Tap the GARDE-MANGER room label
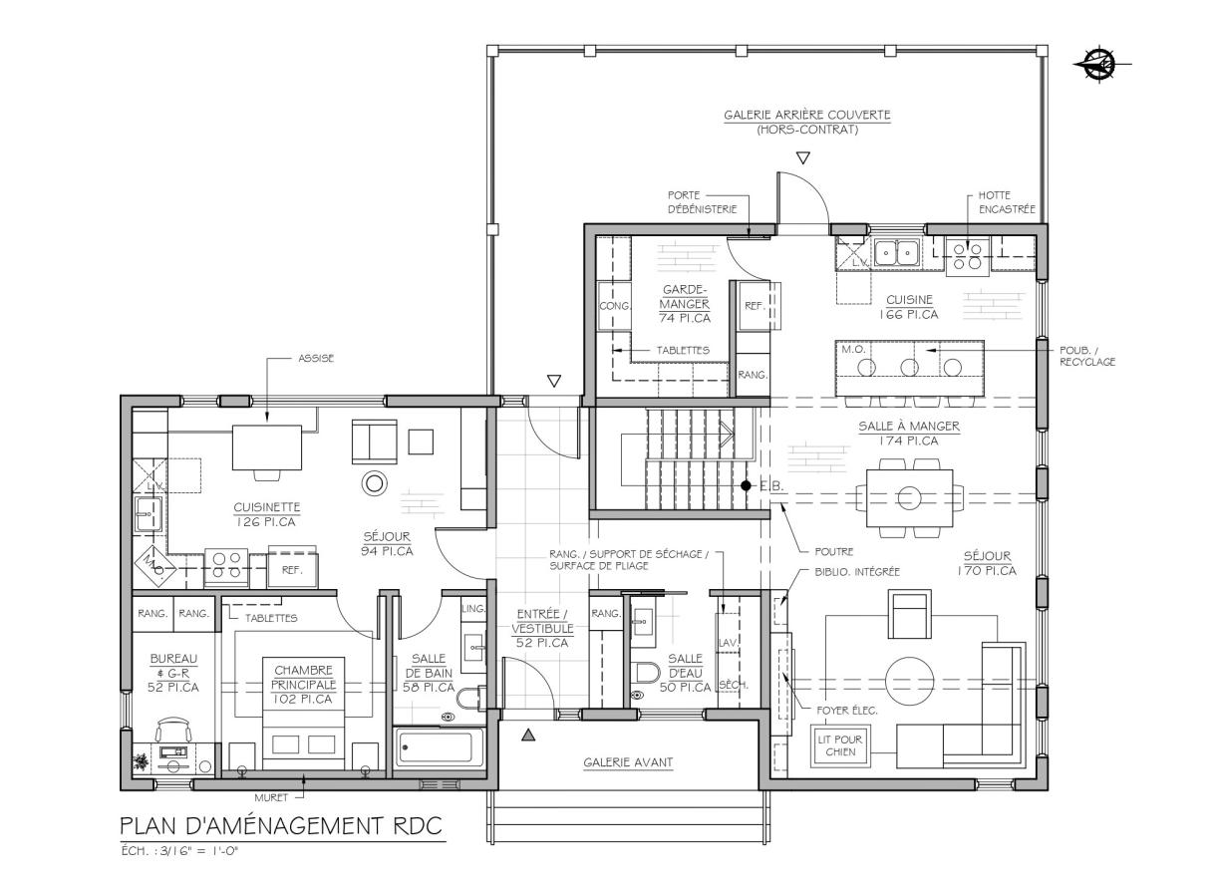(685, 296)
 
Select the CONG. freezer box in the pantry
(614, 305)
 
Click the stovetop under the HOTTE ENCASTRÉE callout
(967, 256)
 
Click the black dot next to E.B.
(747, 486)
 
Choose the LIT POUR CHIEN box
(840, 745)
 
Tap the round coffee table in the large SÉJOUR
(910, 681)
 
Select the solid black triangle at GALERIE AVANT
(528, 736)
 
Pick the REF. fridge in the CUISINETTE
(292, 569)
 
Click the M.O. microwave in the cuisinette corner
(154, 566)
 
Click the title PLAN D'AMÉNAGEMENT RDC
(281, 826)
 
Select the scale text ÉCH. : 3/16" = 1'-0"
(179, 851)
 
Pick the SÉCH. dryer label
(733, 685)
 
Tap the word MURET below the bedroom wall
(271, 797)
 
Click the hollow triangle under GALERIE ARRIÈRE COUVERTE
(802, 157)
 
